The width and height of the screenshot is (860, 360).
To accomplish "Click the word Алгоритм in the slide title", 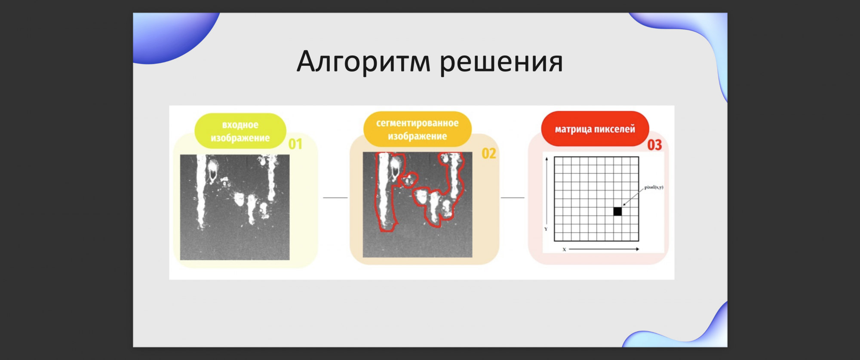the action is click(363, 62).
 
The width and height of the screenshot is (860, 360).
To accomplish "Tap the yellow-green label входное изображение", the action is click(240, 131).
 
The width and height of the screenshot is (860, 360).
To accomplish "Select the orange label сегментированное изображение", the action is click(417, 129).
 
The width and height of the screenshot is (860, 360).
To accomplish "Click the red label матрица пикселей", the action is click(595, 129).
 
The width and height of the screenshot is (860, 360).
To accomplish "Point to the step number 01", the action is click(295, 144).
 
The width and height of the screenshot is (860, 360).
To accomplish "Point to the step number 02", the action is click(489, 154).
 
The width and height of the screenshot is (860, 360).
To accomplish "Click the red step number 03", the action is click(655, 145).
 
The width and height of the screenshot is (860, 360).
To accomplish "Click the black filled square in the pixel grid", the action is click(617, 211).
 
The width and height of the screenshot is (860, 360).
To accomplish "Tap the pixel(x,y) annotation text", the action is click(654, 187).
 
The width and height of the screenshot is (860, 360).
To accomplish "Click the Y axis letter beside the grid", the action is click(546, 229).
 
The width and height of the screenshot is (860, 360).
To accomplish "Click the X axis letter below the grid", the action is click(564, 249).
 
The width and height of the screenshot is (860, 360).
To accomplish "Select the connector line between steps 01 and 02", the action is click(335, 198).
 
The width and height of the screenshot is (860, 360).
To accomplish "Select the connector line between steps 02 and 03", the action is click(513, 198).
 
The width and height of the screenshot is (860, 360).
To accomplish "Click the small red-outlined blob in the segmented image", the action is click(408, 180).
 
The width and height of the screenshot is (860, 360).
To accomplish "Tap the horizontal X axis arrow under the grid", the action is click(604, 249).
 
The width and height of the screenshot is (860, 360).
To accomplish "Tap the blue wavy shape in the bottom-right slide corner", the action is click(684, 329).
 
